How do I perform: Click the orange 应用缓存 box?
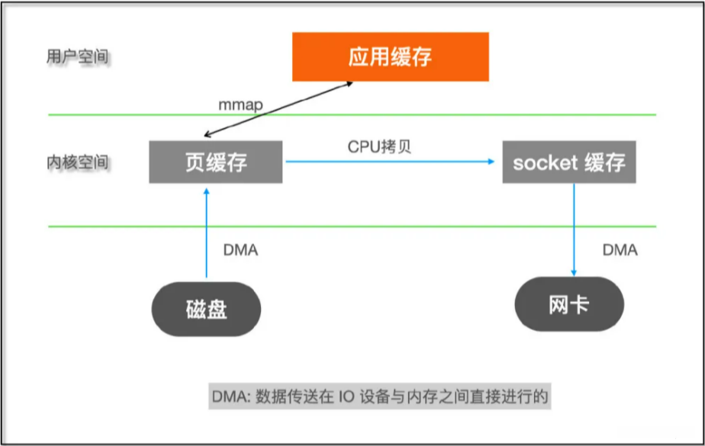[x=391, y=56]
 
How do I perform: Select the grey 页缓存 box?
[x=216, y=162]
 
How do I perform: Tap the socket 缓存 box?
[x=569, y=162]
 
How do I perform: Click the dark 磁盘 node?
[x=206, y=309]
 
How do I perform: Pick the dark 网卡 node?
[x=569, y=304]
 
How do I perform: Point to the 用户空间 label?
[x=78, y=57]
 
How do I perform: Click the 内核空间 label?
[x=78, y=162]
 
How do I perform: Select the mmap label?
[x=240, y=105]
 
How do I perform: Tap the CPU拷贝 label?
[x=379, y=146]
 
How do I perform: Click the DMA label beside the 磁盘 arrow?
[x=240, y=250]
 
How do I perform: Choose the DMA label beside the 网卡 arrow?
[x=620, y=250]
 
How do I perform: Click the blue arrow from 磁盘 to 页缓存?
[x=206, y=233]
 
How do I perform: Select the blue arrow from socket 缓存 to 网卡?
[x=574, y=230]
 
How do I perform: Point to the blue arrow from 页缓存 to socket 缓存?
[x=391, y=161]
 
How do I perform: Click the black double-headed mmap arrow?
[x=278, y=109]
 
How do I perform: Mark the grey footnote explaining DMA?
[x=380, y=396]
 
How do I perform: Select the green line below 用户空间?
[x=352, y=114]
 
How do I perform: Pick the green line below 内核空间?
[x=352, y=226]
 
